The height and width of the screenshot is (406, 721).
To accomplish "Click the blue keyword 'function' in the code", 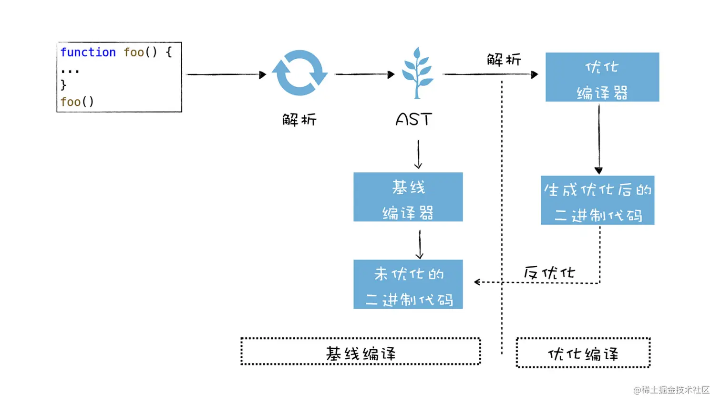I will [88, 52].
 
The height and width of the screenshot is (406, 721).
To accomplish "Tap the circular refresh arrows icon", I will [299, 73].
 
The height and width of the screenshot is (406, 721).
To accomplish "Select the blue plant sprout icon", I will [417, 73].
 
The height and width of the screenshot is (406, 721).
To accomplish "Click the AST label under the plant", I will [413, 119].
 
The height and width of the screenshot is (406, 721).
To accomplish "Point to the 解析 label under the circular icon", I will [299, 119].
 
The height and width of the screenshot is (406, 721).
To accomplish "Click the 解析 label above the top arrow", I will [504, 60].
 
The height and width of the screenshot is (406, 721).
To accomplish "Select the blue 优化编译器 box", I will [602, 77].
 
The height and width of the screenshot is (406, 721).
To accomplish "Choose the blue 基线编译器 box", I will [408, 197].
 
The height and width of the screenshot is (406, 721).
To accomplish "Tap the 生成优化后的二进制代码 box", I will [597, 200].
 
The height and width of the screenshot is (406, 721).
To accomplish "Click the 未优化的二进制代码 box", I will [408, 284].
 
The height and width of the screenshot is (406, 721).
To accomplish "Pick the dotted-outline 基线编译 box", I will [360, 352].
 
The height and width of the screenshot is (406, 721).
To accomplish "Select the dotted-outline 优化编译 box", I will [583, 353].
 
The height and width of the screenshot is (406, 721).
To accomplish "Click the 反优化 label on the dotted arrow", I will [549, 273].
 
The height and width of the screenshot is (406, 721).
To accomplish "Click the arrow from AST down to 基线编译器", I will [418, 154].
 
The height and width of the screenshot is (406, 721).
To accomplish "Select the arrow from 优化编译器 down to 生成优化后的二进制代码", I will [598, 138].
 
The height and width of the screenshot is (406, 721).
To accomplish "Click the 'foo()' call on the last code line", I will [77, 102].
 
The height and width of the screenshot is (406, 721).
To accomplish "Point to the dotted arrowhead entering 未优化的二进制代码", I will [477, 282].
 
